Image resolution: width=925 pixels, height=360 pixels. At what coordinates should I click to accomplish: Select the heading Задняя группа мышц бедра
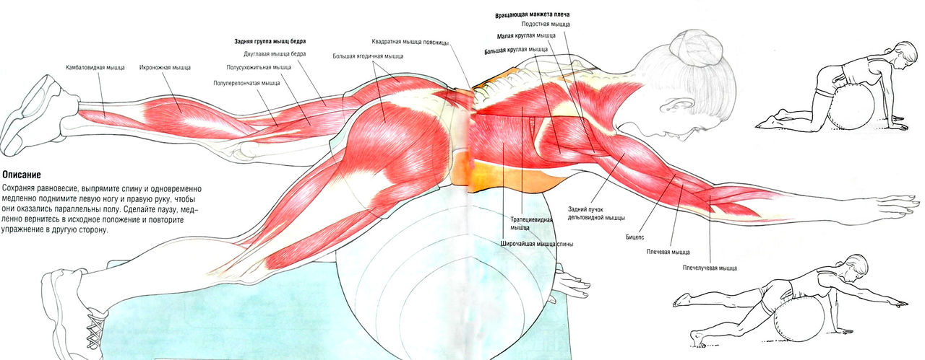pos(270,41)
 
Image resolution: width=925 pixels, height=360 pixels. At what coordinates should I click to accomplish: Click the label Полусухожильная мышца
pos(259,67)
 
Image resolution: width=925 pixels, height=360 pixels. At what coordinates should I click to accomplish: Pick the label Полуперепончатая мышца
pos(246,83)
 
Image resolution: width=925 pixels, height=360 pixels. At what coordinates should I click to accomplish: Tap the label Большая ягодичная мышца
pos(368,56)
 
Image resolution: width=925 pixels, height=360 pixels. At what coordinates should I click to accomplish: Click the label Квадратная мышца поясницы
pos(410,41)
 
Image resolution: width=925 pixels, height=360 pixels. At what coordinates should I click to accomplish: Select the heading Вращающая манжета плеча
pos(530,15)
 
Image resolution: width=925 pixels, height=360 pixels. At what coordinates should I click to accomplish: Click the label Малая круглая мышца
pos(526,35)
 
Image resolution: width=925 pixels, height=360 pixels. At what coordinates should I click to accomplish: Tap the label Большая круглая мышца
pos(516,50)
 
